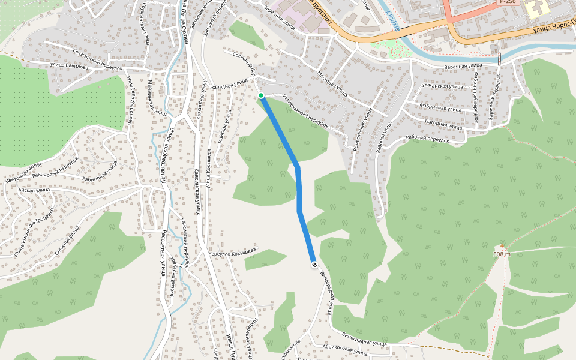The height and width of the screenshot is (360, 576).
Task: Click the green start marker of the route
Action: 261,95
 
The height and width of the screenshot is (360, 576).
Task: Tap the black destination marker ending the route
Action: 314,265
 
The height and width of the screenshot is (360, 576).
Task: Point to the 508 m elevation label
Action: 501,254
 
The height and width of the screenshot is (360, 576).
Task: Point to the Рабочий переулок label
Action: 427,139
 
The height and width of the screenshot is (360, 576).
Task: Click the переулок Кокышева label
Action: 232,250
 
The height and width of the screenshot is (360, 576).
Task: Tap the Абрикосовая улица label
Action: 344,350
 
